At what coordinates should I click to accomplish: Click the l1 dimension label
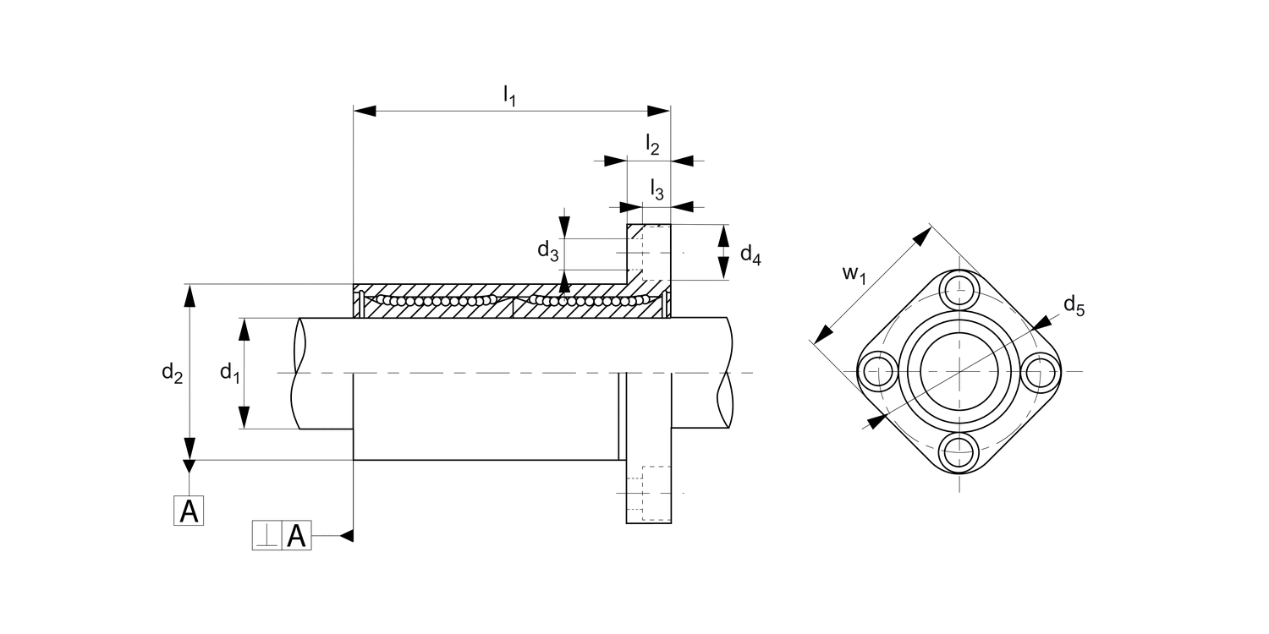pyautogui.click(x=509, y=96)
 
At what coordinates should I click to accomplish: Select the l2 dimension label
pyautogui.click(x=652, y=145)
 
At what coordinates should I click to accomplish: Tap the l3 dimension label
pyautogui.click(x=656, y=189)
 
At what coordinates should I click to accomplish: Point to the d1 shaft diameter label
pyautogui.click(x=229, y=372)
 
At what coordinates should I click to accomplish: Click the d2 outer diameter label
pyautogui.click(x=173, y=372)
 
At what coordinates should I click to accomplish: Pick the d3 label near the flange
pyautogui.click(x=547, y=250)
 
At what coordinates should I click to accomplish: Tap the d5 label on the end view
pyautogui.click(x=1074, y=306)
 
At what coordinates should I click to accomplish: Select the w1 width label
pyautogui.click(x=854, y=275)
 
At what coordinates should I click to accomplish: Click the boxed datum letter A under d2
pyautogui.click(x=190, y=511)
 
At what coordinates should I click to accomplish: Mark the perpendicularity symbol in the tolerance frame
pyautogui.click(x=267, y=536)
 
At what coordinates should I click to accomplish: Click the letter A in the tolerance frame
pyautogui.click(x=296, y=536)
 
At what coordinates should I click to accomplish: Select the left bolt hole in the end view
pyautogui.click(x=877, y=371)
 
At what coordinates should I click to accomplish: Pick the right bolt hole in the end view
pyautogui.click(x=1041, y=371)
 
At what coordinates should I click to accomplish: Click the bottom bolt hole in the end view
pyautogui.click(x=959, y=452)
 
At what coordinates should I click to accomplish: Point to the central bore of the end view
pyautogui.click(x=959, y=371)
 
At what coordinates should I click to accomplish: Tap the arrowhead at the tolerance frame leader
pyautogui.click(x=346, y=535)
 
